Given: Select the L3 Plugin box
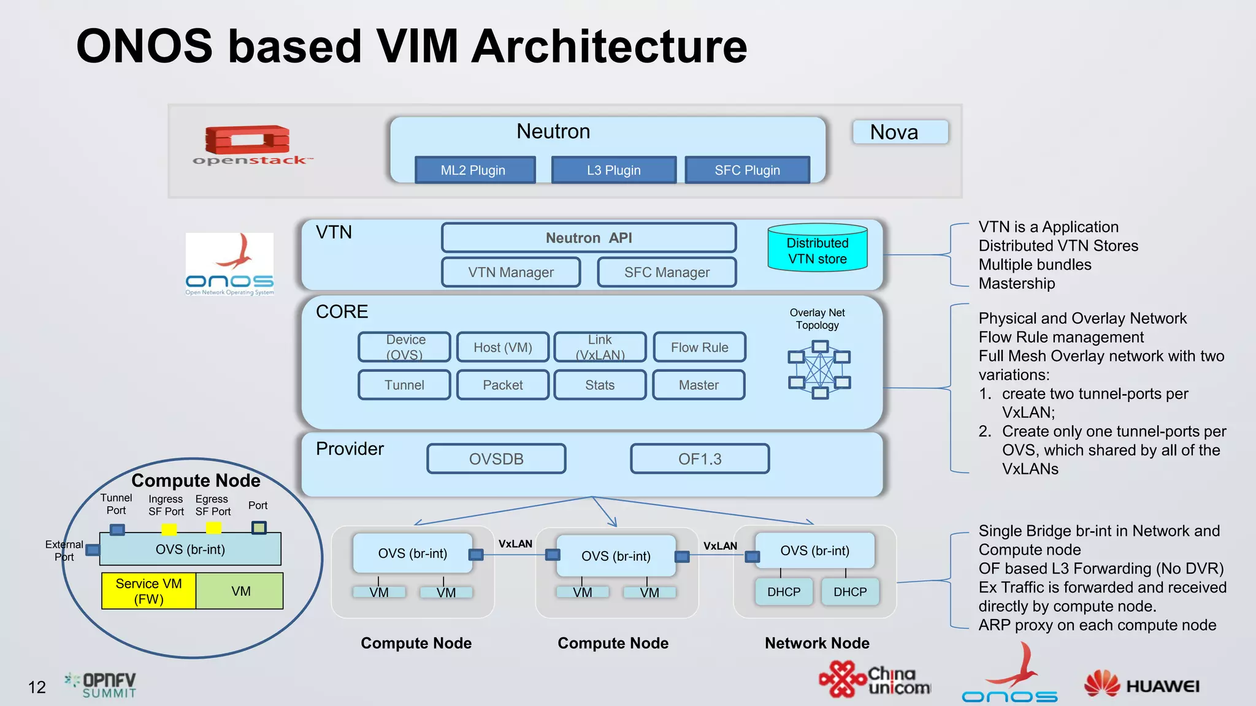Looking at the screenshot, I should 613,170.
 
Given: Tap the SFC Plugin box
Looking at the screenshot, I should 747,170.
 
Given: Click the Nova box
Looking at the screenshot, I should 900,132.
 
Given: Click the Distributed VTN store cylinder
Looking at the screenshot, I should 817,248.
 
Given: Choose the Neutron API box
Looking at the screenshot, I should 588,238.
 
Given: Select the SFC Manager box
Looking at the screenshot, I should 667,272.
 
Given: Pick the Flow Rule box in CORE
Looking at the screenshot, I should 699,347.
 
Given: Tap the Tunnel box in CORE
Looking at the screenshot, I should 404,385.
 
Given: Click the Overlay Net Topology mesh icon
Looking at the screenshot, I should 819,370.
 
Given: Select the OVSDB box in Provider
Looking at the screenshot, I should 496,459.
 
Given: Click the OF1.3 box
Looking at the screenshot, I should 700,459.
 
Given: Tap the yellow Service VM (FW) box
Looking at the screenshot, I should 148,591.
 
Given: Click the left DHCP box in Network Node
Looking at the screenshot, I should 784,592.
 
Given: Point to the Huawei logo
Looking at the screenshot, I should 1141,685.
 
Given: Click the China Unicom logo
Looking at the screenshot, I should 875,679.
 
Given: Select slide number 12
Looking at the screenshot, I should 37,687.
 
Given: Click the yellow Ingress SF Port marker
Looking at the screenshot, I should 169,529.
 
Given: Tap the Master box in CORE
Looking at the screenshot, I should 699,385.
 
